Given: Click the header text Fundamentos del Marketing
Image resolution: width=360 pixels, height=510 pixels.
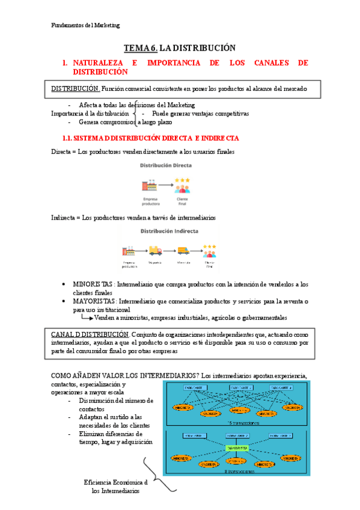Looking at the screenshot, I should [x=85, y=25].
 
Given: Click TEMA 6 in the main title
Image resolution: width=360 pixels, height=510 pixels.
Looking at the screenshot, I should [x=140, y=48].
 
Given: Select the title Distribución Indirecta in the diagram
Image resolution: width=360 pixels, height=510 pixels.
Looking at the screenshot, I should [x=168, y=232].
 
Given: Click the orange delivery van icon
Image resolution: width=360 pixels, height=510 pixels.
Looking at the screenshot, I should [x=183, y=250].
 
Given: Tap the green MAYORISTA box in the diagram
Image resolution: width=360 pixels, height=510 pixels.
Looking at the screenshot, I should [x=236, y=447].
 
